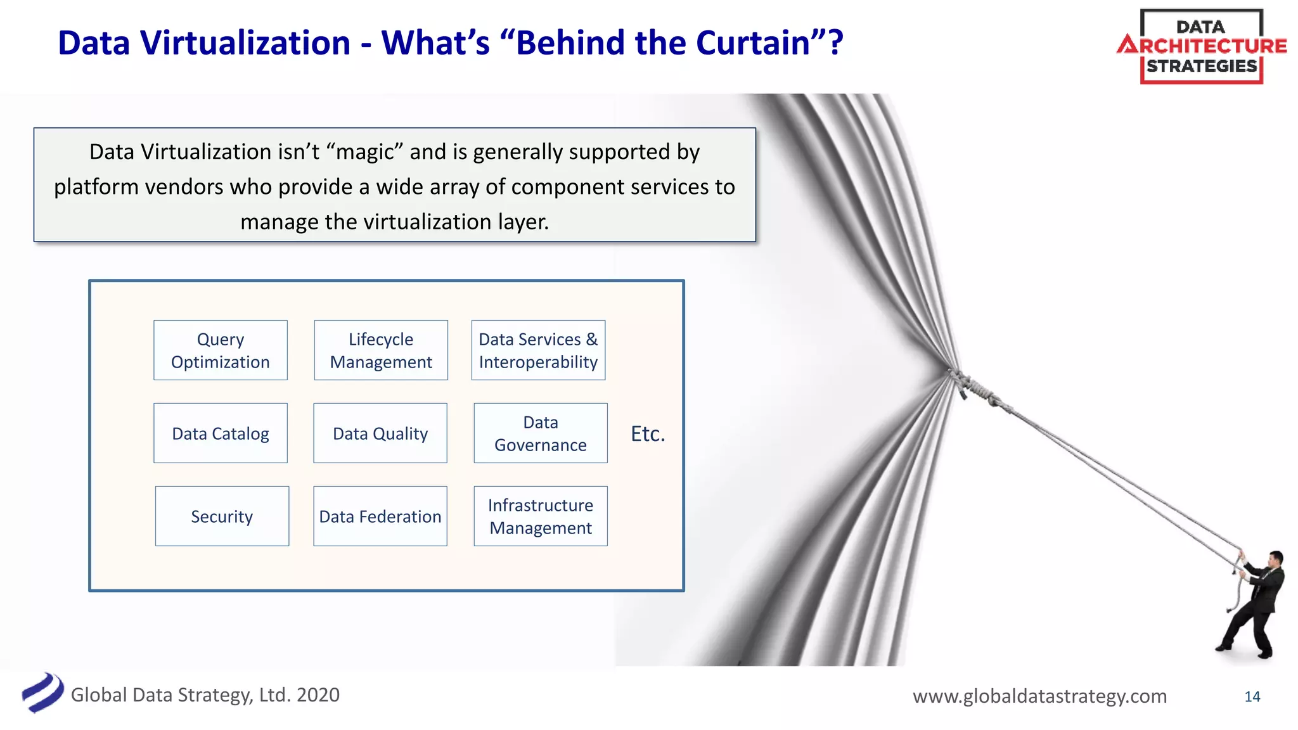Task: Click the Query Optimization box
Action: (220, 350)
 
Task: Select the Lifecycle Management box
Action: (381, 350)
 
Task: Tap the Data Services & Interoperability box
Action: (538, 350)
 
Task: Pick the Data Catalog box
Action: (220, 433)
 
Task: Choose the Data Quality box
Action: (380, 433)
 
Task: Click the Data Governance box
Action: (541, 433)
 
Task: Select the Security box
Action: (222, 516)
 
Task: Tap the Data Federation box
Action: (380, 516)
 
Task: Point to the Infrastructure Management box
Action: (541, 516)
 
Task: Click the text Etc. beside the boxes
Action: (648, 434)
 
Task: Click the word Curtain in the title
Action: (752, 43)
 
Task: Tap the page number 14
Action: (1252, 696)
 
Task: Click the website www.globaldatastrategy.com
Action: (1039, 696)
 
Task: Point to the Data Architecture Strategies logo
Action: (1202, 46)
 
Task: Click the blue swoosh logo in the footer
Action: (43, 693)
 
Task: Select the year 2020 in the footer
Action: (318, 695)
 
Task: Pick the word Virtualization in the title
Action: (245, 43)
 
